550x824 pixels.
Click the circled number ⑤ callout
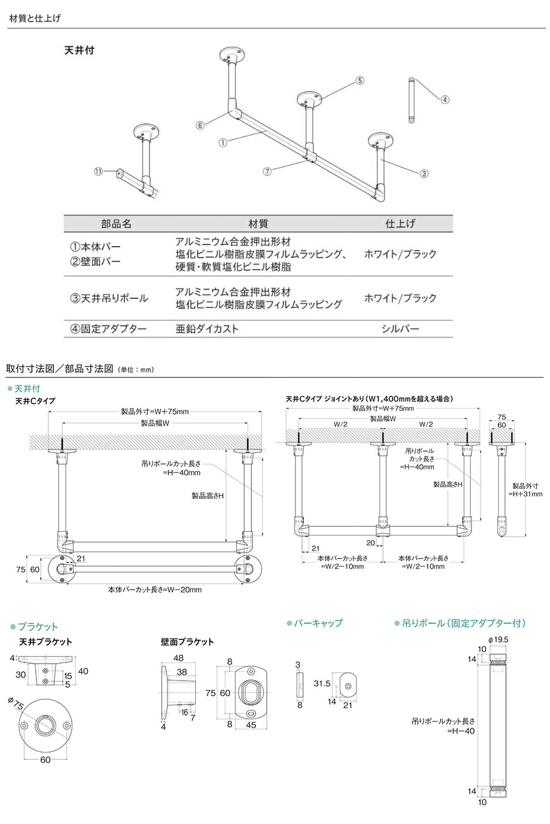pos(360,81)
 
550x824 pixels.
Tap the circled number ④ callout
pos(445,99)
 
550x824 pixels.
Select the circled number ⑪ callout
pos(98,171)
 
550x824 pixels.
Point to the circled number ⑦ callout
pos(267,171)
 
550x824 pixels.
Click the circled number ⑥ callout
pos(200,125)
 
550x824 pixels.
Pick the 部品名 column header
pos(116,224)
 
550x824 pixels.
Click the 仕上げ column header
pos(400,223)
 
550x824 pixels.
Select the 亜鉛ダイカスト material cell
pos(207,329)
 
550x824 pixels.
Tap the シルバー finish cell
pos(400,329)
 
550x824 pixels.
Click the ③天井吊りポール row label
pos(109,298)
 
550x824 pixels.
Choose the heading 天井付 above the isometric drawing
pos(79,50)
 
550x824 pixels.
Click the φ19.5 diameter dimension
pos(498,639)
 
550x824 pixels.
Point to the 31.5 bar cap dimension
pos(322,683)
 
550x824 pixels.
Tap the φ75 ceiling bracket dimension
pos(16,703)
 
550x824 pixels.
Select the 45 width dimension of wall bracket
pos(251,725)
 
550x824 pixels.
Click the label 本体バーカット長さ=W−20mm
pos(155,589)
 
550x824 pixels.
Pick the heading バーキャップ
pos(318,623)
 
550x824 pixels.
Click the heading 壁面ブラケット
pos(187,642)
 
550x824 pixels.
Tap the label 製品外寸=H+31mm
pos(526,490)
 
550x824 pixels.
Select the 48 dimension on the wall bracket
pos(178,658)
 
